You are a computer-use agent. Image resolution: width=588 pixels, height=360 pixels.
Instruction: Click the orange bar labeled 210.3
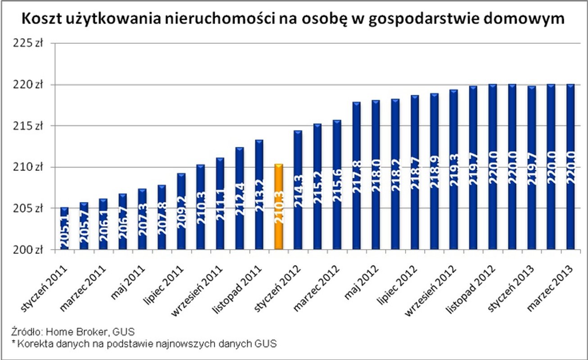(x=279, y=207)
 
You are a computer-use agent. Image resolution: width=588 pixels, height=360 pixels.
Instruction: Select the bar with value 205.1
(x=64, y=228)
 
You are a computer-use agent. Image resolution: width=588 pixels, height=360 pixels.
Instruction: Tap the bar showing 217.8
(x=357, y=175)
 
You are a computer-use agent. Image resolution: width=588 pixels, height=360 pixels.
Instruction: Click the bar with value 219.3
(x=454, y=169)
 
